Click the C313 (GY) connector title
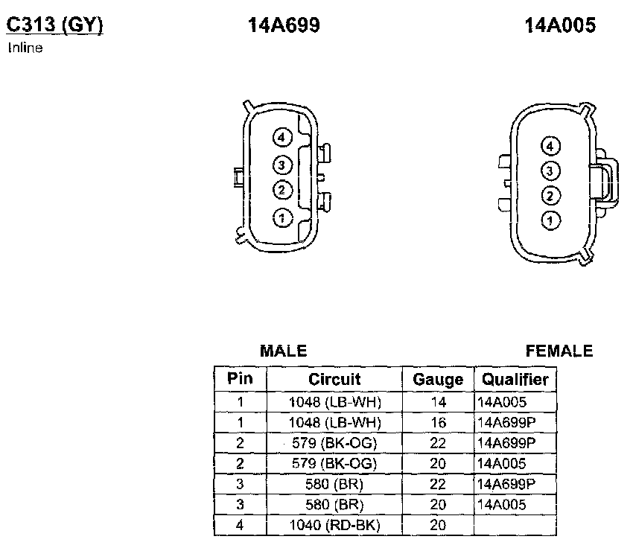(55, 25)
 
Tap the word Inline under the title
(25, 48)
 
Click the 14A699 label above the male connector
(284, 25)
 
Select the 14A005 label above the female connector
(560, 25)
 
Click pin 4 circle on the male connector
(281, 138)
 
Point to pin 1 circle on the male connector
(281, 218)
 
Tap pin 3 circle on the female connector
(550, 171)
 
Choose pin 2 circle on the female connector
(550, 196)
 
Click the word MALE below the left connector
(284, 351)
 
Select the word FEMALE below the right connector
(559, 351)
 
